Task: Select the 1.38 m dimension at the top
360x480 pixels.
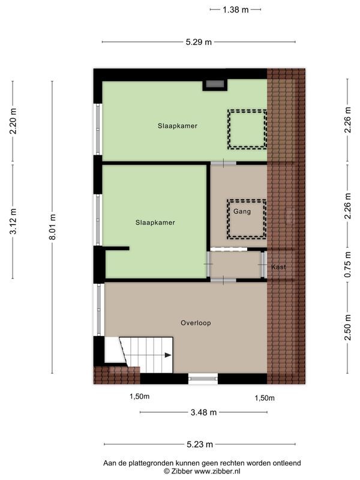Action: coord(236,10)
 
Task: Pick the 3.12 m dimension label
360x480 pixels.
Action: coord(14,219)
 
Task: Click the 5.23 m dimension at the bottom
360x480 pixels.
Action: coord(200,445)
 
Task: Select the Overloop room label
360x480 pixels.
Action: coord(196,323)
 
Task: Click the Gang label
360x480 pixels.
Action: coord(242,212)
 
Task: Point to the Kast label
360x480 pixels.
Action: coord(278,266)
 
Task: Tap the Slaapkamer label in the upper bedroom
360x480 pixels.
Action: coord(178,126)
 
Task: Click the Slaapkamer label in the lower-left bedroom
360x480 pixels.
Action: coord(155,223)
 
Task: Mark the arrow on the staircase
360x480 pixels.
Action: coord(167,355)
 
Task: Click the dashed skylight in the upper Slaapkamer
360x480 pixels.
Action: coord(246,130)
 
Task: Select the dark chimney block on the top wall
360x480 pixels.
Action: coord(215,85)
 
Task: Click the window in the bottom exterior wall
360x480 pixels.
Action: coord(203,378)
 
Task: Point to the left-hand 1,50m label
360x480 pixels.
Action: coord(140,397)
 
